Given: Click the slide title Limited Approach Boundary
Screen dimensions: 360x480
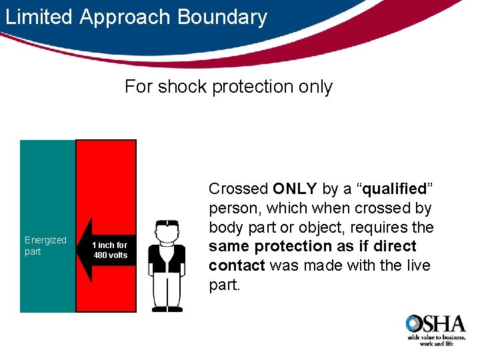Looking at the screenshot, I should [136, 17].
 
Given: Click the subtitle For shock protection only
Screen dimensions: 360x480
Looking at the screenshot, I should [228, 87].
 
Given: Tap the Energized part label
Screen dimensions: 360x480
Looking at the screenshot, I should [45, 245].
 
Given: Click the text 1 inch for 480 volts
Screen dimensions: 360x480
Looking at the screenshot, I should [110, 250].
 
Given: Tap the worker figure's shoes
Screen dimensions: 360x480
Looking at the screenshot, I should [167, 309].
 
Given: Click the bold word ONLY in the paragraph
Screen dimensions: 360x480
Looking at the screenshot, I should [295, 189].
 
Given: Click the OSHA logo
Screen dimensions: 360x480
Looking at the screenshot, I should [435, 325].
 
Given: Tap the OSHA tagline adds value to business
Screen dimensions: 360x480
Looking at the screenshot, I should [436, 338].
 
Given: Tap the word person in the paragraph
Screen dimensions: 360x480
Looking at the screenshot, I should [231, 208].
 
